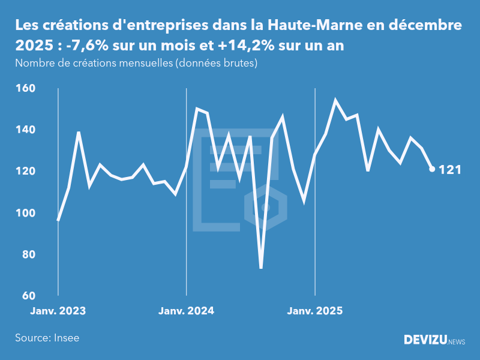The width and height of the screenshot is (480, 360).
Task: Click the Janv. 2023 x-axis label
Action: tap(58, 311)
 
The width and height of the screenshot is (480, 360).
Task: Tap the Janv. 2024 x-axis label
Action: tap(187, 311)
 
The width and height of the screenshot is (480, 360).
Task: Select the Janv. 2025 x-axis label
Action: tap(315, 311)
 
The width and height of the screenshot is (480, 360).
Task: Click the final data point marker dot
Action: tap(432, 169)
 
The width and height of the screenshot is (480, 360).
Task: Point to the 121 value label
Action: tap(450, 170)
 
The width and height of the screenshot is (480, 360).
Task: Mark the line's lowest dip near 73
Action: tap(261, 268)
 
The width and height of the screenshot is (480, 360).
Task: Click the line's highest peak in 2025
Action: tap(335, 100)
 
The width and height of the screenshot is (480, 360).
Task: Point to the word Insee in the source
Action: tap(66, 338)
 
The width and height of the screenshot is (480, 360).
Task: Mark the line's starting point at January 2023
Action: tap(58, 220)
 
